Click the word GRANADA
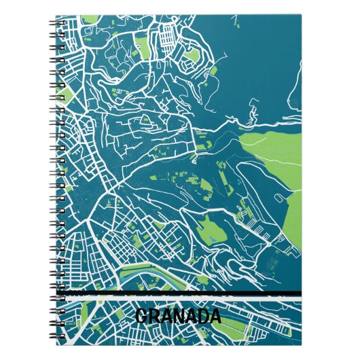click(x=178, y=317)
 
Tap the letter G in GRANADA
click(x=141, y=317)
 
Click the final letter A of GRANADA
click(x=215, y=317)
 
